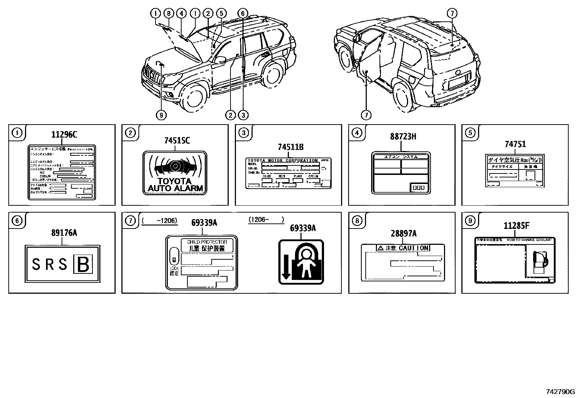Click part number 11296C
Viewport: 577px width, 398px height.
point(64,135)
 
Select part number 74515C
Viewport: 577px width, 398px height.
point(177,141)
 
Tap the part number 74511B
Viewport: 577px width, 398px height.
point(290,147)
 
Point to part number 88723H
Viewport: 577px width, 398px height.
point(403,137)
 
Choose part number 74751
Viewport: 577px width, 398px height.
point(515,144)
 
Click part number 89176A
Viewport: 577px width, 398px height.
point(64,233)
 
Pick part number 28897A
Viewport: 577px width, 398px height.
point(403,234)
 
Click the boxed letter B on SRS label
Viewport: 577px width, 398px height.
point(83,264)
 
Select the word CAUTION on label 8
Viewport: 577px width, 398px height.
point(414,248)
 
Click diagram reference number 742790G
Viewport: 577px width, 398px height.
point(560,391)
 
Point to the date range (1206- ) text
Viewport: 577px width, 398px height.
point(266,219)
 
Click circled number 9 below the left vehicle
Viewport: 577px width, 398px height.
point(161,115)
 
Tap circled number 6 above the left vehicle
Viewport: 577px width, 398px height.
point(242,13)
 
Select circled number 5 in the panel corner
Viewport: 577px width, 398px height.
point(470,133)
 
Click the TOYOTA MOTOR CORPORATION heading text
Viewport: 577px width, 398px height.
point(282,160)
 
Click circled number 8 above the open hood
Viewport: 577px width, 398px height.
point(168,13)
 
